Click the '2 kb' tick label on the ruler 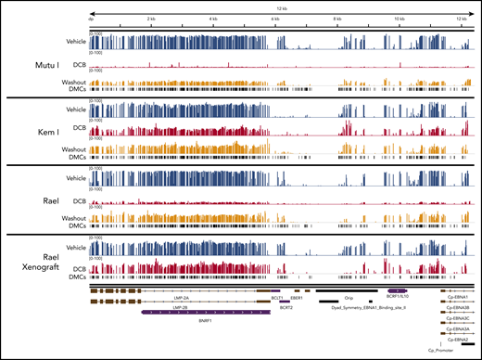[151, 18]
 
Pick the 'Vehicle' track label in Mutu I [71, 41]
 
